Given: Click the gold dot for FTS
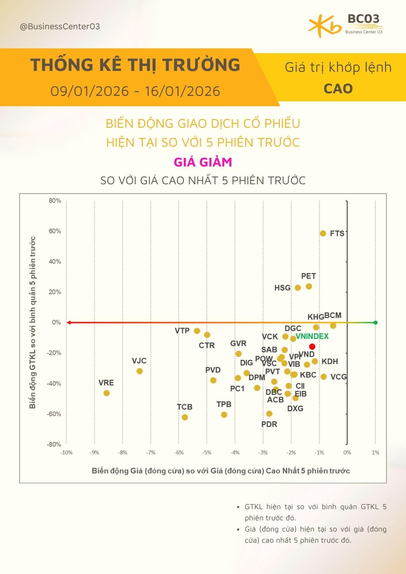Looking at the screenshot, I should [323, 233].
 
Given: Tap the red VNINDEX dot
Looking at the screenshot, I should [312, 346].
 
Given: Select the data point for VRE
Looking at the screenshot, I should [107, 393].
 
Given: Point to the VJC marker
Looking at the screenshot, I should [140, 371].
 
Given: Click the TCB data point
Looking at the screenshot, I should [185, 417].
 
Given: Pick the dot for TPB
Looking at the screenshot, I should [224, 415].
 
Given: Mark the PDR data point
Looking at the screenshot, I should [269, 414].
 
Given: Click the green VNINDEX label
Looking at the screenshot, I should [312, 336].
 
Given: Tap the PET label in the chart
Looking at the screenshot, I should [309, 276].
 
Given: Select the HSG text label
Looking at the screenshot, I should [283, 288].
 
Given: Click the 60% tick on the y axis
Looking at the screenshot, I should [55, 231].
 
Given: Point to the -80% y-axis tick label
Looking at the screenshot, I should [54, 444].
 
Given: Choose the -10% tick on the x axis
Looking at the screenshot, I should [66, 453].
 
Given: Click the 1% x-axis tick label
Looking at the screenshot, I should [375, 453].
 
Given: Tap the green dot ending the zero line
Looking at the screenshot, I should [375, 323].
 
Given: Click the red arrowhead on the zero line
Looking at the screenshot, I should [69, 323].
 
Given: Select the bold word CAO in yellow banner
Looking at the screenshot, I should [338, 89].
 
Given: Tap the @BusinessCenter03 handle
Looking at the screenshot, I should [60, 27].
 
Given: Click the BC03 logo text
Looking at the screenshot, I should [364, 19].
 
